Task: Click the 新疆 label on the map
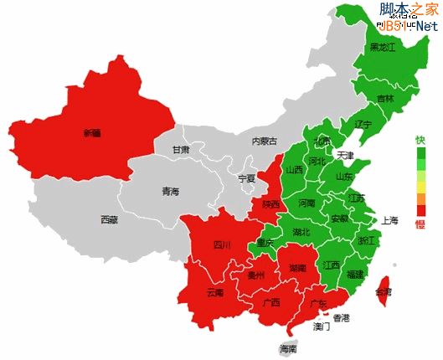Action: click(91, 133)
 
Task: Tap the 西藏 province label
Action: click(109, 220)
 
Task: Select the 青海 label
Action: click(170, 192)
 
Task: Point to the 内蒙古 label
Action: click(264, 141)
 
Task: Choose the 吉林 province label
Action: click(384, 99)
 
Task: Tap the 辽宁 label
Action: click(363, 124)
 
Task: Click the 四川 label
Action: click(222, 245)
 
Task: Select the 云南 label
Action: click(214, 293)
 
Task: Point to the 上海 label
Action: click(390, 221)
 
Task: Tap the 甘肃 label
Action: click(181, 150)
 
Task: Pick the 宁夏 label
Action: click(246, 178)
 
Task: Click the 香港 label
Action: click(341, 318)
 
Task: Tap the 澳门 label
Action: click(322, 327)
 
